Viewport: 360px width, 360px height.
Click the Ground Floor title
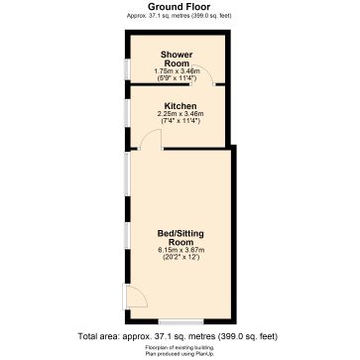(180, 6)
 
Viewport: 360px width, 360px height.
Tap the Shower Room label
(177, 59)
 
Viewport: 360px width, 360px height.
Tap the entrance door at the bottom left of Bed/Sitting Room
(131, 296)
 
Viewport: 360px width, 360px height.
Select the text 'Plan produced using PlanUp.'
(180, 351)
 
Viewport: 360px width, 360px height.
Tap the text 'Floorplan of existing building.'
(180, 345)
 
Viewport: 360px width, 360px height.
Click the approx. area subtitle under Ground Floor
(180, 15)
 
